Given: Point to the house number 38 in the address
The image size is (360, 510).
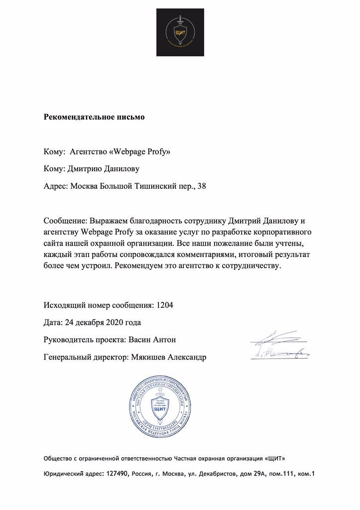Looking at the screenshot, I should pyautogui.click(x=201, y=187).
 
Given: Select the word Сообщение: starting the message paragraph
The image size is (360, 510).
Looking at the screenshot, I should pyautogui.click(x=65, y=220).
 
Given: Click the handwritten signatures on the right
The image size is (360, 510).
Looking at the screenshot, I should pyautogui.click(x=278, y=346).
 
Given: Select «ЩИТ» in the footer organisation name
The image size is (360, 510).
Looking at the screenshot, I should pyautogui.click(x=276, y=457).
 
